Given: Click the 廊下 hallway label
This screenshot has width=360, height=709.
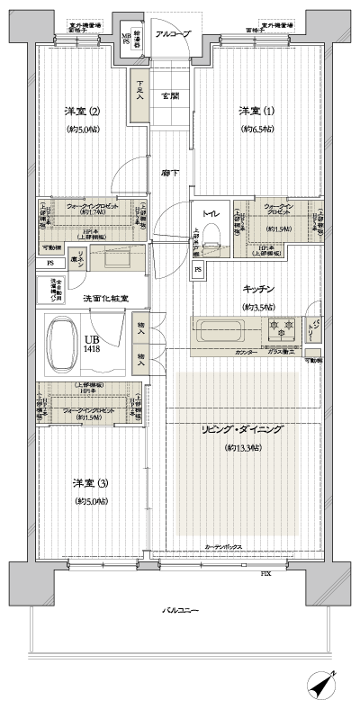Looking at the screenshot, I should [x=168, y=171].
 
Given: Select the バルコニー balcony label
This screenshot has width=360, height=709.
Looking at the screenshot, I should [x=181, y=610].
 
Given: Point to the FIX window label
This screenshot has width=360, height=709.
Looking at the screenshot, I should [x=265, y=572].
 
